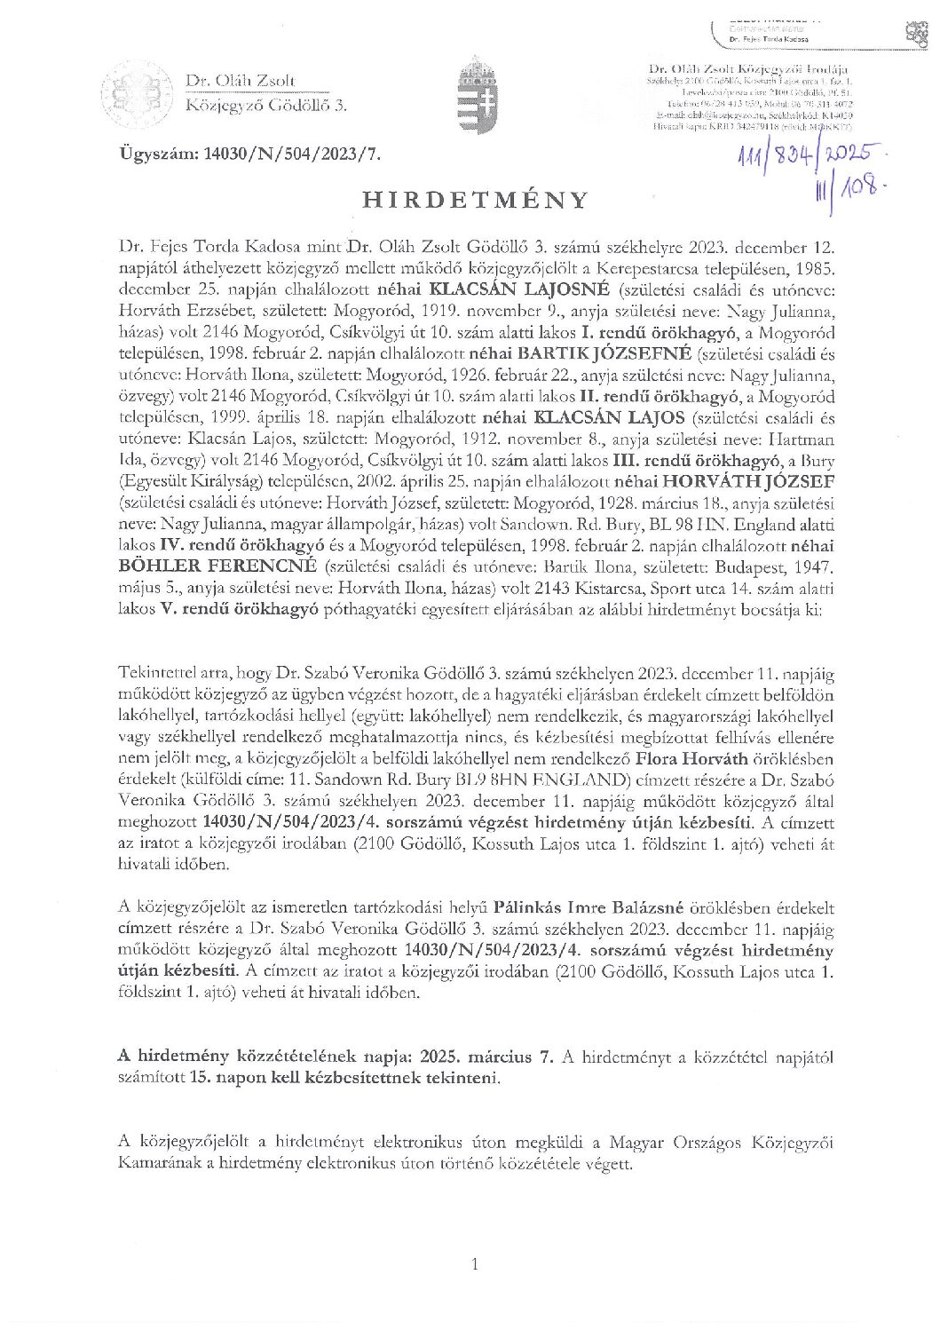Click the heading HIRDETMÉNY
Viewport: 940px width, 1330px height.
click(x=474, y=199)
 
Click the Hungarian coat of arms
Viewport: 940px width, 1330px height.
click(x=473, y=93)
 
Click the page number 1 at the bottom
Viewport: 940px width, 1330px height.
click(x=476, y=1263)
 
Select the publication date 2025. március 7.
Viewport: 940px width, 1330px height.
click(x=496, y=1057)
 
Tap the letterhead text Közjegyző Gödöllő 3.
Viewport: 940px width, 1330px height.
click(x=265, y=106)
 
